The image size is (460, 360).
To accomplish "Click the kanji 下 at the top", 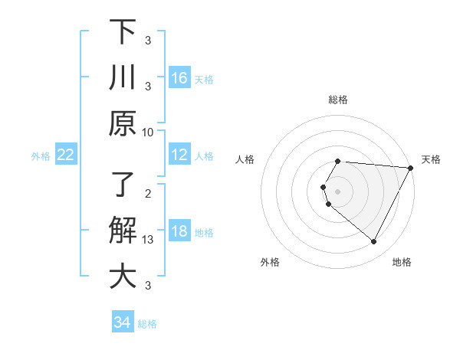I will click(123, 32).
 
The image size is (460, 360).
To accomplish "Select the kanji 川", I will click(123, 78).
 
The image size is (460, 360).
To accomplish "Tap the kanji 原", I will click(123, 123).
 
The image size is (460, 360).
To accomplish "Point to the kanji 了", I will click(123, 185).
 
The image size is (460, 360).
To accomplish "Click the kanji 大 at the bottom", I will click(123, 277).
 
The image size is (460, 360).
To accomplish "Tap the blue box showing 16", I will click(179, 78).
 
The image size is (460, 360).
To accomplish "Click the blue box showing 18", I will click(179, 232).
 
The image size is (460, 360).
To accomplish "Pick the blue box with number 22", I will click(66, 155).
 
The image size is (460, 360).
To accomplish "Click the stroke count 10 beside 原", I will click(148, 132).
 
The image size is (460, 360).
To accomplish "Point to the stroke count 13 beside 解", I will click(148, 240).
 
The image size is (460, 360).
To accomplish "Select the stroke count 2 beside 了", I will click(148, 193).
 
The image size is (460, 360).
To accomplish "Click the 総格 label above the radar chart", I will click(338, 100).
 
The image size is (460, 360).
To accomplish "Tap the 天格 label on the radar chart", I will click(432, 159).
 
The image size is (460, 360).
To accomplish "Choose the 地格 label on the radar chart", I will click(402, 263).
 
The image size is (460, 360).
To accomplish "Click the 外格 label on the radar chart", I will click(270, 263).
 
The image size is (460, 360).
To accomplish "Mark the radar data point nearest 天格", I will click(410, 168).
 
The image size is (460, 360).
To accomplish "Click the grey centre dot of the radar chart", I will click(338, 191).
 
